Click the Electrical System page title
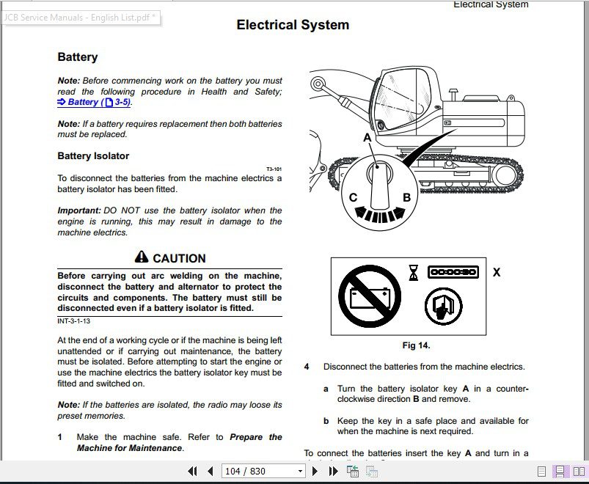pos(293,25)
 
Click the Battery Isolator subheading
pos(93,155)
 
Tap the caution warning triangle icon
pos(142,257)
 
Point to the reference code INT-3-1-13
pos(73,321)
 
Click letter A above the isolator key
pos(367,137)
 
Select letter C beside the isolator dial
pos(353,197)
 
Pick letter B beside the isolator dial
pos(406,197)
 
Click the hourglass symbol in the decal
pos(414,272)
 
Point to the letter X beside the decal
pos(497,272)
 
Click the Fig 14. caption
pos(416,345)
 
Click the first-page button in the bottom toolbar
pos(193,471)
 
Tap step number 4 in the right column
pos(307,367)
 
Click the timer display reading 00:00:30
pos(453,272)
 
